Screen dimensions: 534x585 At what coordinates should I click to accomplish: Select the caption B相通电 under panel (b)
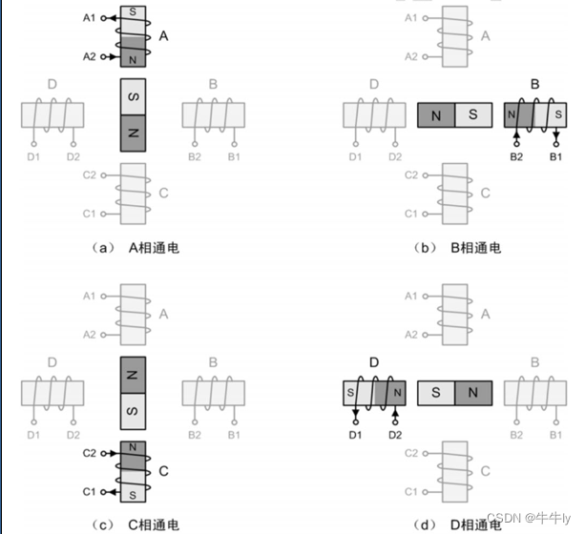click(x=474, y=248)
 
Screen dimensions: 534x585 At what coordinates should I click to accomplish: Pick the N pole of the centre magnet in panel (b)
click(x=436, y=116)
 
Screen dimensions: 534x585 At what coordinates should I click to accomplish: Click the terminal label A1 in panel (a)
click(x=89, y=18)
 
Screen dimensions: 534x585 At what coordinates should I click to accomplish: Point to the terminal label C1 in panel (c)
click(x=89, y=490)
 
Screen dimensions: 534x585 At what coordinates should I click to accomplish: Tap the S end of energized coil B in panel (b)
click(x=554, y=116)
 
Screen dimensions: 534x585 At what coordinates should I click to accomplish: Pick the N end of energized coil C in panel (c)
click(x=133, y=447)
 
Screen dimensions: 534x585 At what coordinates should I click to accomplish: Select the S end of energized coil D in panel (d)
click(x=351, y=392)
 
